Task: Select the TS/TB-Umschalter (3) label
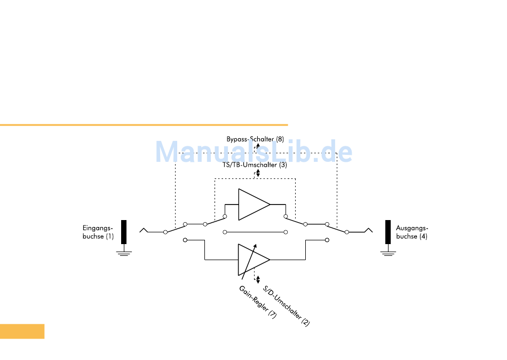[255, 165]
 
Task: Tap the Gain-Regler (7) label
[258, 303]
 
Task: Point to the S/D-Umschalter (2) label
[287, 306]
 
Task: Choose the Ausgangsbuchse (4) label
[411, 232]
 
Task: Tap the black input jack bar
[124, 232]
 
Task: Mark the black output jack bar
[388, 232]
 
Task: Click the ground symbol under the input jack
[124, 253]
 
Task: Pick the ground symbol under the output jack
[388, 253]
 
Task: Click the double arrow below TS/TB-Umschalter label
[258, 173]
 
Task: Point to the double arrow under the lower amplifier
[258, 280]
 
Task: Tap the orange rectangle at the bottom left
[22, 331]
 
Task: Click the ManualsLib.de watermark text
[253, 153]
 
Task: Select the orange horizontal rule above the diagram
[144, 125]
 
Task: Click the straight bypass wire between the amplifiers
[255, 232]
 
